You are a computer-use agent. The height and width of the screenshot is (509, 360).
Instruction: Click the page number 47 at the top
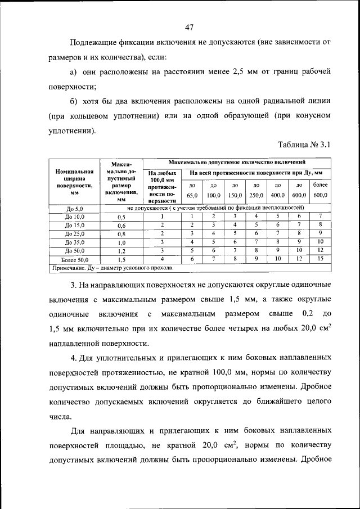188,26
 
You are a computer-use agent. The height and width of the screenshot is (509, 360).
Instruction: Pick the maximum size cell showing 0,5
121,217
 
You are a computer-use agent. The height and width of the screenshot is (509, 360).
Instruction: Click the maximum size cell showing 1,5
121,259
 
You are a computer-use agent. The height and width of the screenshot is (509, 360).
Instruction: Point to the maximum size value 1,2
121,251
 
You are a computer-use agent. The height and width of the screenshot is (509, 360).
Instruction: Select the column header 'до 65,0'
192,190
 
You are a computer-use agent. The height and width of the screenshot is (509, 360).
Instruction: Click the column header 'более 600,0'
320,190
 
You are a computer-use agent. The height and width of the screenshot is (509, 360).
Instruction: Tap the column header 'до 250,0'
256,190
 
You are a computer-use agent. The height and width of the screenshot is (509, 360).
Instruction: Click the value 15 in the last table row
320,259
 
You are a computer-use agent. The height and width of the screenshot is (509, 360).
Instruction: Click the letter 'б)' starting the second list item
73,101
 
